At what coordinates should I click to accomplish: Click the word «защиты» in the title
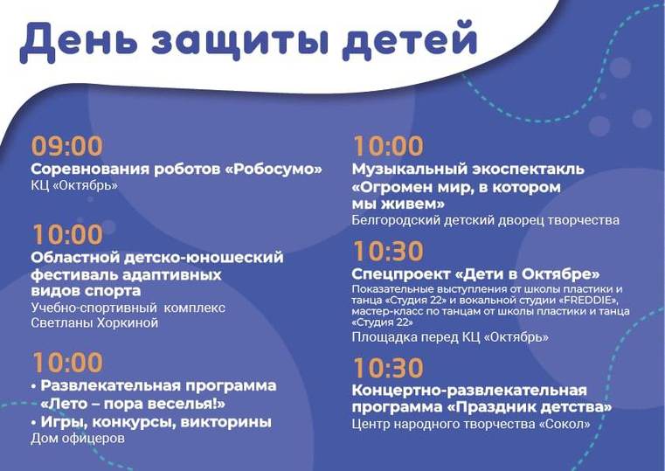click(240, 39)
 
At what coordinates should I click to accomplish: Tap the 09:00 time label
click(67, 146)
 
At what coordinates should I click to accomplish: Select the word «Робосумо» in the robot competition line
click(278, 170)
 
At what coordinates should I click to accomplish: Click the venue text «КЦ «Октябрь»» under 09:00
click(74, 185)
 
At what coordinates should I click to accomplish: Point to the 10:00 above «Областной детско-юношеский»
click(68, 235)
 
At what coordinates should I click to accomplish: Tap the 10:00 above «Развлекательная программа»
click(68, 363)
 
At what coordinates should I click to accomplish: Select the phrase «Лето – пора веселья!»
click(133, 404)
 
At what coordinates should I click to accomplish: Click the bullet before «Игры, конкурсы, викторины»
click(33, 423)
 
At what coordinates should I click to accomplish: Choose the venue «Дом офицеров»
click(78, 439)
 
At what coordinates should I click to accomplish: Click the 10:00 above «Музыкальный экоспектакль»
click(389, 146)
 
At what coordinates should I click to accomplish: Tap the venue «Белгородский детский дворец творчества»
click(486, 220)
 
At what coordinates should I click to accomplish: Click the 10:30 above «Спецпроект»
click(389, 252)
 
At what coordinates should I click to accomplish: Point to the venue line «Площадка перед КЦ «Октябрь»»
click(450, 337)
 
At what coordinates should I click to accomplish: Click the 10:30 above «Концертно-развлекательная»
click(389, 368)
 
